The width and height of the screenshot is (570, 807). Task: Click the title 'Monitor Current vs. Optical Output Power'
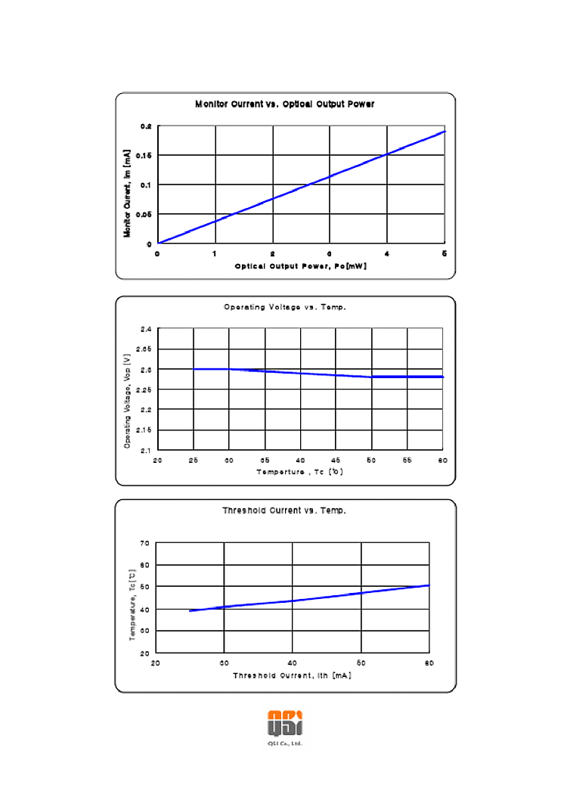coord(284,104)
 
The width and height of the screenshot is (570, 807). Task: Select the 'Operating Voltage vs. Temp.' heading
coord(285,307)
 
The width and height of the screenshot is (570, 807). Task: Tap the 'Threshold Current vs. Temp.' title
coord(284,511)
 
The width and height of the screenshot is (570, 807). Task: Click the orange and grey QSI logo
coord(285,723)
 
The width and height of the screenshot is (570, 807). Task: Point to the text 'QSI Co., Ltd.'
coord(285,743)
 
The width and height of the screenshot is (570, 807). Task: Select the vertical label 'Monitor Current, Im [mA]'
coord(128,193)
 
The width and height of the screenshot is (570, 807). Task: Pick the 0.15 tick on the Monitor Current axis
coord(144,156)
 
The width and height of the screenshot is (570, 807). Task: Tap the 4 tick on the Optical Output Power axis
coord(387,254)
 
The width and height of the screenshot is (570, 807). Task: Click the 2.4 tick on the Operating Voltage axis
coord(144,330)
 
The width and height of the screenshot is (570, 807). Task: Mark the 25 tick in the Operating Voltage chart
coord(194,460)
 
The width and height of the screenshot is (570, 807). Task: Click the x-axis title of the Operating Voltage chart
coord(299,472)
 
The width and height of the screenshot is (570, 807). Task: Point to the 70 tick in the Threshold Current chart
coord(144,543)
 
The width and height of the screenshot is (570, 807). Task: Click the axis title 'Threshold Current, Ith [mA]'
coord(292,675)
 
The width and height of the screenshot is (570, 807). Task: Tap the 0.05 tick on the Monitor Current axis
coord(144,215)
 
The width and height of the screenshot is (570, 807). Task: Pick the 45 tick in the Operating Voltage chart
coord(336,460)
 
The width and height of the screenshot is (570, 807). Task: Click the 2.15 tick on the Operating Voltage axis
coord(144,430)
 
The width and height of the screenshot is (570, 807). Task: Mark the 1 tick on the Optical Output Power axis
coord(215,254)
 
